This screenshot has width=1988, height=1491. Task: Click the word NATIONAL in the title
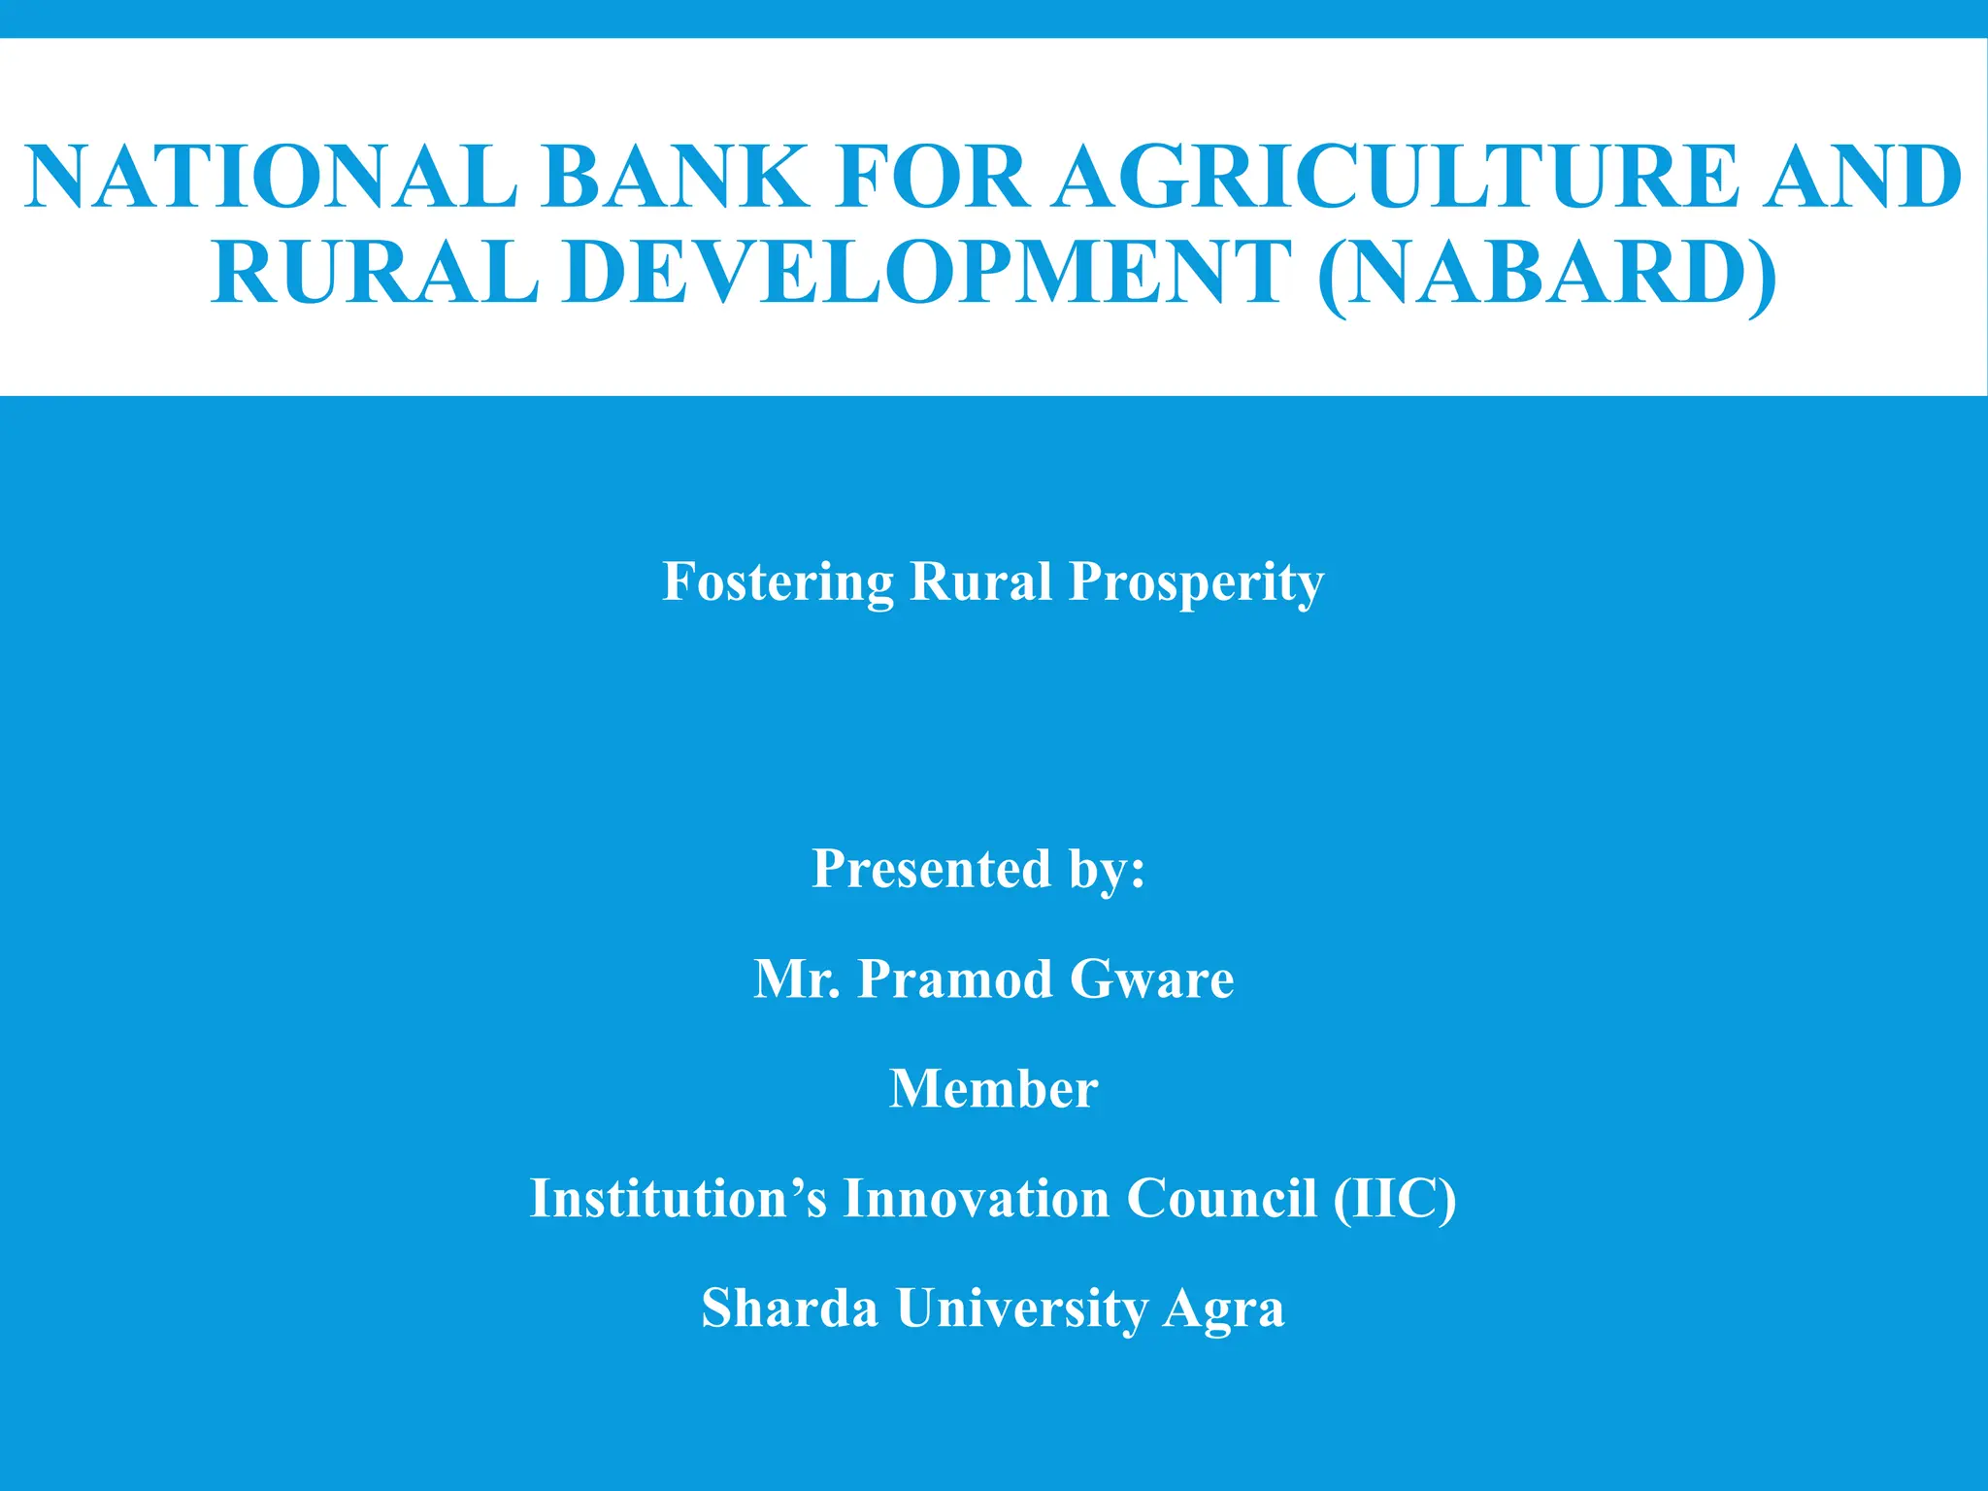coord(272,177)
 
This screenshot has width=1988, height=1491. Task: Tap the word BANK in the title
coord(676,177)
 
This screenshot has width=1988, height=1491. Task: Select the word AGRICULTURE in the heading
coord(1399,177)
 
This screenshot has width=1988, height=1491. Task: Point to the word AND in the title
coord(1863,177)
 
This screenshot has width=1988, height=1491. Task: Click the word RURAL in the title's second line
coord(375,271)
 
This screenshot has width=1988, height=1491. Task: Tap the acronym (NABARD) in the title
coord(1548,273)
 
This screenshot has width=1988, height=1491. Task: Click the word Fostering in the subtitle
coord(778,581)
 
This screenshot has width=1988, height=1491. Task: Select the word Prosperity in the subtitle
coord(1196,583)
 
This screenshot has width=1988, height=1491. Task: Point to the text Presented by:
coord(978,868)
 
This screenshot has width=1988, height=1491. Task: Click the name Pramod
coord(955,977)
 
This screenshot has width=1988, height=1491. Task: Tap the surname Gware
coord(1151,977)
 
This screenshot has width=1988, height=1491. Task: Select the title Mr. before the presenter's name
coord(797,977)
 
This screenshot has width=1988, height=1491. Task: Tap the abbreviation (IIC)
coord(1394,1198)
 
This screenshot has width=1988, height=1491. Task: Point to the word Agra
coord(1224,1309)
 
